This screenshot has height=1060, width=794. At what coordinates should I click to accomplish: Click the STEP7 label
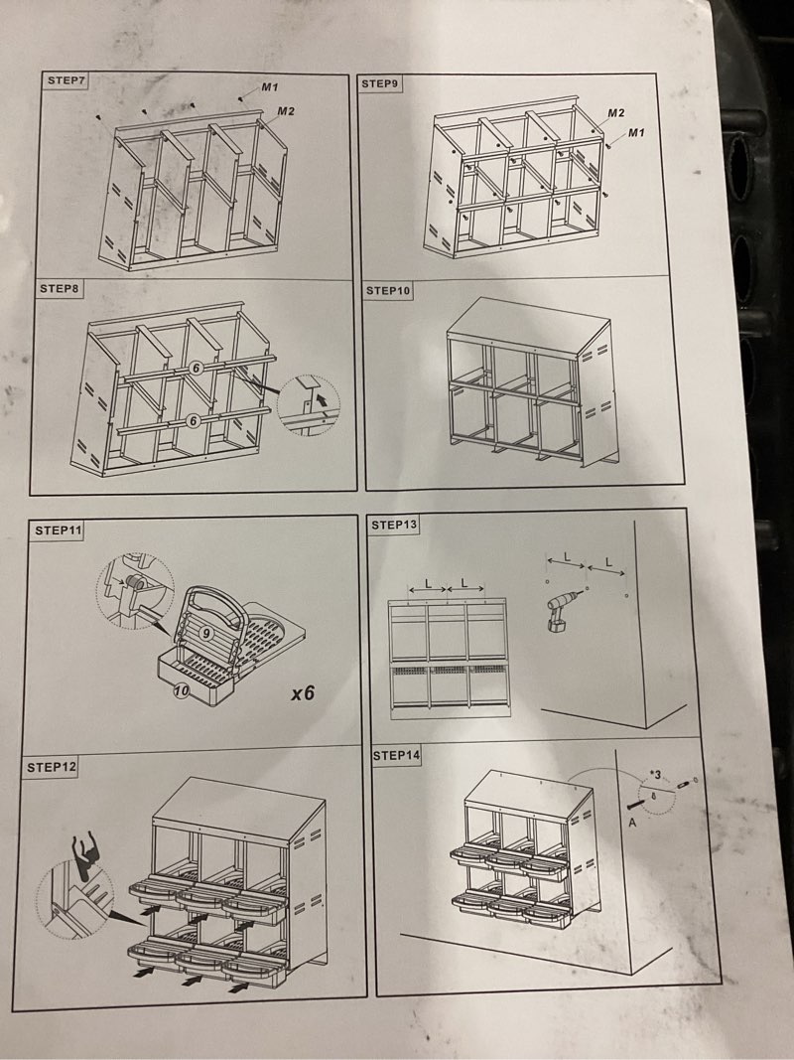(65, 80)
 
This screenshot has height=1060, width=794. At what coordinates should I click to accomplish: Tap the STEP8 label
(60, 289)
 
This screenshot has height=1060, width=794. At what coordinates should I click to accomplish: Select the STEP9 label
(380, 83)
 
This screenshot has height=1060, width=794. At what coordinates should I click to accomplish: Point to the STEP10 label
(388, 291)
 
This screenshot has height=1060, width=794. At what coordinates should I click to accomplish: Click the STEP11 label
(58, 530)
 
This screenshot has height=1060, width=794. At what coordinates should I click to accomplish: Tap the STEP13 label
(394, 524)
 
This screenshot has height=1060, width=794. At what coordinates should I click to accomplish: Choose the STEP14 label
(396, 755)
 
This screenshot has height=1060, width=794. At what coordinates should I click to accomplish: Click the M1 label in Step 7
(270, 87)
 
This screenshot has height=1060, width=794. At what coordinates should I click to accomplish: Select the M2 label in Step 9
(615, 113)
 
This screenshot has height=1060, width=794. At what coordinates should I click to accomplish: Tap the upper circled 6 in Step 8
(196, 368)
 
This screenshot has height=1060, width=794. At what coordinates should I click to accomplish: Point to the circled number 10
(181, 690)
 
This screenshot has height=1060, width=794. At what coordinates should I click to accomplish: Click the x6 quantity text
(303, 692)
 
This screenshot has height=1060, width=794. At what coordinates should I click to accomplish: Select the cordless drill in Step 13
(563, 609)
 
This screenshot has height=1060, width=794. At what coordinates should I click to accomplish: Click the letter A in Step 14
(632, 823)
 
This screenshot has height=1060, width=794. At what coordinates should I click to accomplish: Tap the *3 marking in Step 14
(655, 774)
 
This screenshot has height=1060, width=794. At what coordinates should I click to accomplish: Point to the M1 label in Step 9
(636, 132)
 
